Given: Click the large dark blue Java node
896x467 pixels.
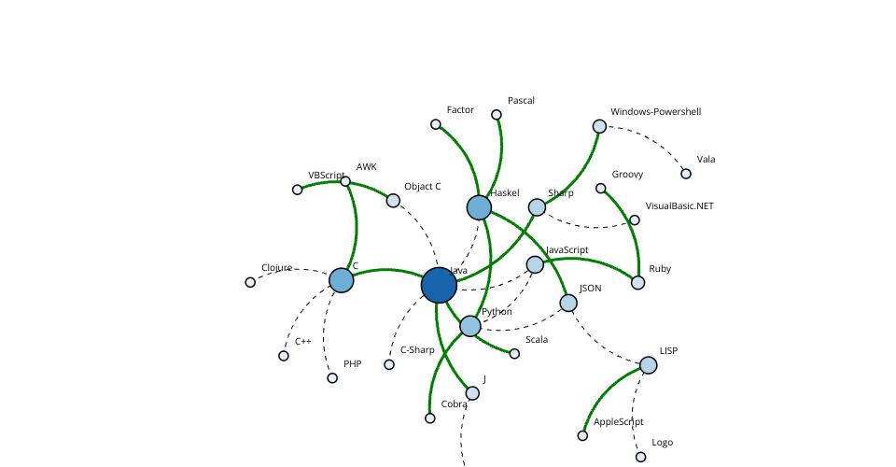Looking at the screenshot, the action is [439, 285].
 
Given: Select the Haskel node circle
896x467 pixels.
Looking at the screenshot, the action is [479, 207].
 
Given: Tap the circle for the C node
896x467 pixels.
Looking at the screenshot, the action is [342, 280].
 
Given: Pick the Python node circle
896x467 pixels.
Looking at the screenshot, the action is [470, 326].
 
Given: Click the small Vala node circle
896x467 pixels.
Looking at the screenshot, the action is [686, 174].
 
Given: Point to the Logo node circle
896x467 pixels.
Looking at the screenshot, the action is [640, 457].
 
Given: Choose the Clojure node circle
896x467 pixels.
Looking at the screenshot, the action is [250, 282].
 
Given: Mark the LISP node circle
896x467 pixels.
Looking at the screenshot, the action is [648, 364].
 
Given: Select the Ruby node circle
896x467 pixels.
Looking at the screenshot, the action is [637, 282].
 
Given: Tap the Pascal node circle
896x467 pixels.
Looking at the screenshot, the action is [497, 115].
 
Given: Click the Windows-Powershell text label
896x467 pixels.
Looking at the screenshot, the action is [655, 111].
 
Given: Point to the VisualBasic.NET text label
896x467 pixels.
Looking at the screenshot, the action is [679, 205].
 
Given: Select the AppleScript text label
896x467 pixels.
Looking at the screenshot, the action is [618, 422].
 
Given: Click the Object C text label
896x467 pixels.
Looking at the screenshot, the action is [422, 187].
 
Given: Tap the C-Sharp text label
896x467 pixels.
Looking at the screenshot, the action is [417, 350].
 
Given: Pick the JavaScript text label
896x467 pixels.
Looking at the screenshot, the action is [567, 249].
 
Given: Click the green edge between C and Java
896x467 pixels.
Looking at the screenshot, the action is [387, 270].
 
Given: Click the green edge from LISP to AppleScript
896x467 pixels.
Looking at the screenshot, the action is [606, 393].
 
